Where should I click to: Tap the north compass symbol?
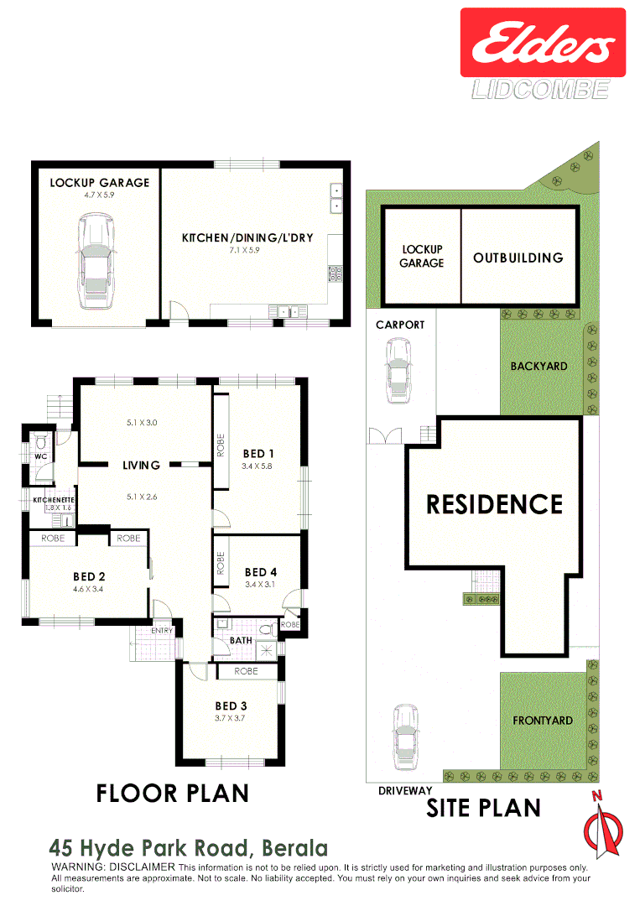point(602,825)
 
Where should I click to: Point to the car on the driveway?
point(405,737)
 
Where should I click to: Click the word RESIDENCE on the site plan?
point(495,504)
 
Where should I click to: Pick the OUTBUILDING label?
point(518,258)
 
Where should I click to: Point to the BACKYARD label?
point(539,366)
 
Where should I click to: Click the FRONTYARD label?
point(543,720)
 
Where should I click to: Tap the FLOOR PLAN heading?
point(173,793)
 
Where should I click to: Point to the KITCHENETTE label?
point(53,500)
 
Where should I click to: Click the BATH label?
point(241,641)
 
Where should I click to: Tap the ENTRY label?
point(162,631)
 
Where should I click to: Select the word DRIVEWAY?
point(405,790)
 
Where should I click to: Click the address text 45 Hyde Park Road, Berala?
point(189,847)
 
